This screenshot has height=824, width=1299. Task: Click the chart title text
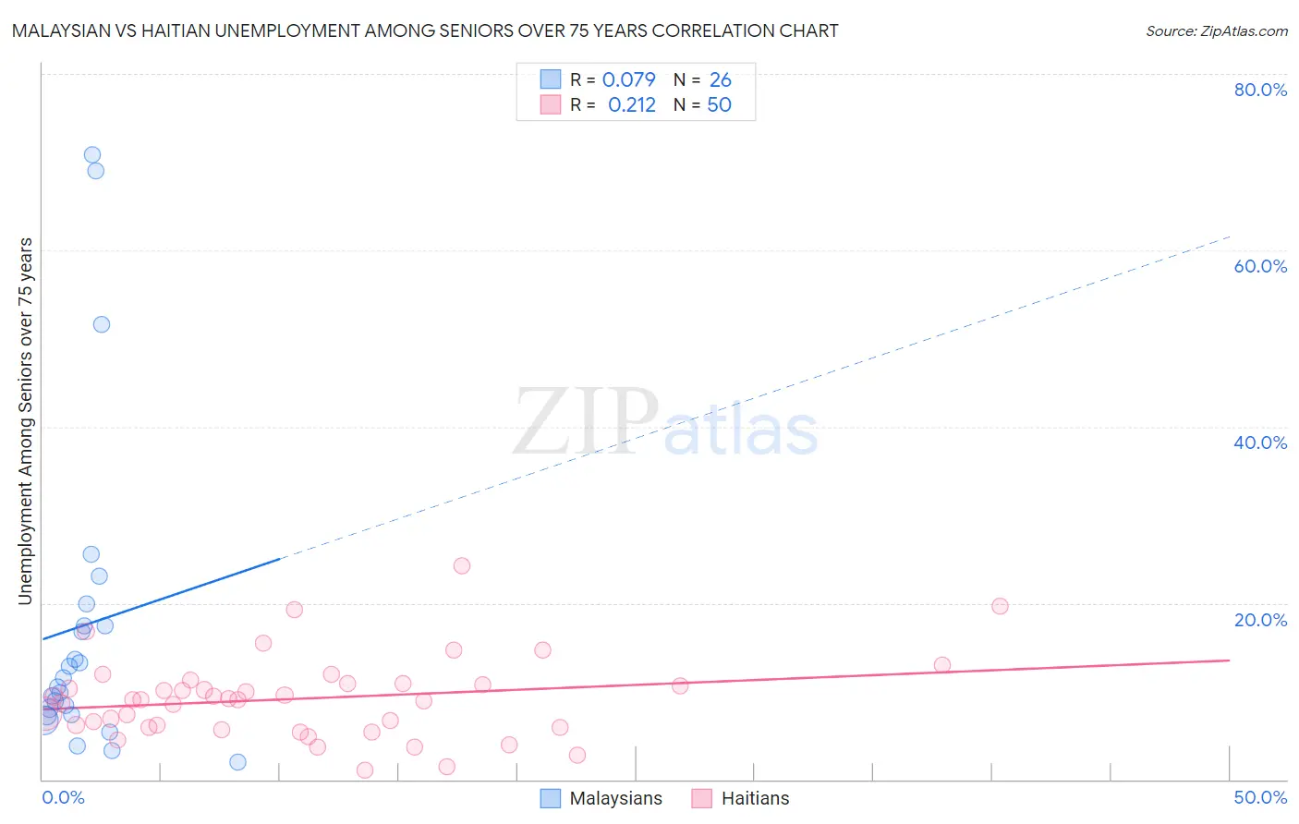[x=425, y=30]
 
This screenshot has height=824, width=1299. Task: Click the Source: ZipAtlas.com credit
[x=1216, y=30]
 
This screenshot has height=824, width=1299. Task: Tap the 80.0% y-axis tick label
[x=1260, y=90]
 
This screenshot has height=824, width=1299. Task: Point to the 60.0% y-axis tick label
[x=1260, y=266]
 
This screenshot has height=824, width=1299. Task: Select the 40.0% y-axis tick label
[x=1260, y=442]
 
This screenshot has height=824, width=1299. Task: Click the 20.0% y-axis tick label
[x=1260, y=619]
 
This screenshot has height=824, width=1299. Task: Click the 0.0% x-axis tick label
[x=64, y=797]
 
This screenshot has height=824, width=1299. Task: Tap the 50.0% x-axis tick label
[x=1260, y=797]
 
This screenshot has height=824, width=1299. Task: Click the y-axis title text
[x=25, y=421]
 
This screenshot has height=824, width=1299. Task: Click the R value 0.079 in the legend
[x=628, y=79]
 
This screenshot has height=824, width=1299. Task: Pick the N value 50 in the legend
[x=719, y=104]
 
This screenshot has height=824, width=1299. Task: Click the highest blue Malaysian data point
[x=92, y=155]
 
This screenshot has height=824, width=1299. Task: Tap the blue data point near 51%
[x=102, y=324]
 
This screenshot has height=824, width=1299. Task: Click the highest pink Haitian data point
[x=462, y=565]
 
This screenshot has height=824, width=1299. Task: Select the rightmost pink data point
[x=1000, y=606]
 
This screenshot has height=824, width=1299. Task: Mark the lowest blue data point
[x=238, y=762]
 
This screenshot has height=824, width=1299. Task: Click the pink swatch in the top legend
[x=551, y=104]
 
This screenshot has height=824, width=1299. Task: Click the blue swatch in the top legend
[x=551, y=79]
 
